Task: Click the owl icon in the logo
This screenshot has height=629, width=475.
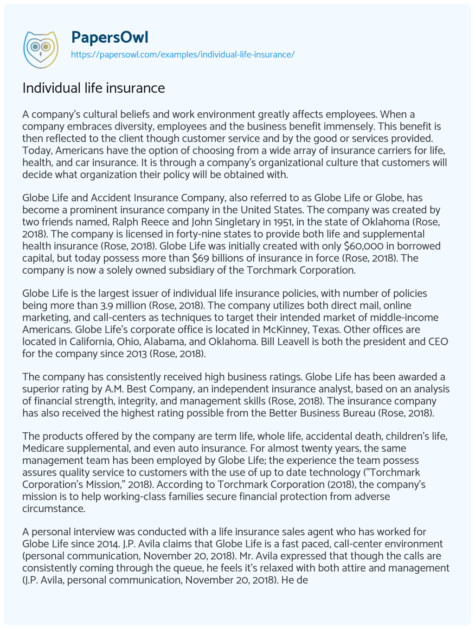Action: (x=40, y=47)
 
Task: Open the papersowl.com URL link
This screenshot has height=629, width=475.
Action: (x=182, y=54)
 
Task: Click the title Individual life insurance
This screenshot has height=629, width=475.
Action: (x=94, y=88)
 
